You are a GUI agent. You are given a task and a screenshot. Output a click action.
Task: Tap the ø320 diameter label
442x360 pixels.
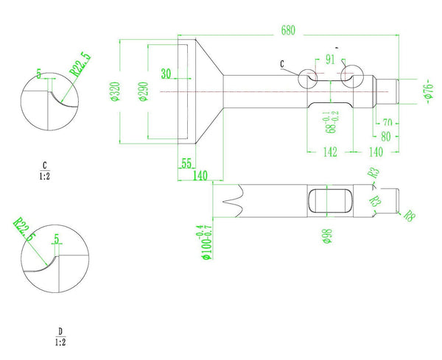point(115,91)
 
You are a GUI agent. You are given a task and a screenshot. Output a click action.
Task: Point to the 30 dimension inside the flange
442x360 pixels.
point(165,74)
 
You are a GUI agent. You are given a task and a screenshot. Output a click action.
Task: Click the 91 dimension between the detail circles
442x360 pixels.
point(329,60)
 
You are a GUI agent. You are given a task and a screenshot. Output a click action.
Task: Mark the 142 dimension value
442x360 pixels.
point(329,152)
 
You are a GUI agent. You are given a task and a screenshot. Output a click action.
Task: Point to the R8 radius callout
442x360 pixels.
point(410,216)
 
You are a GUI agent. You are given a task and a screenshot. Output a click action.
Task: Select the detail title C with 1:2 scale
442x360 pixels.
point(45,170)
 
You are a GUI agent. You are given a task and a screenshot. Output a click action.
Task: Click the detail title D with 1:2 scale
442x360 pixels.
point(60,336)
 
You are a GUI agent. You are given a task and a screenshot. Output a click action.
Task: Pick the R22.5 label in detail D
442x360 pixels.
point(24,229)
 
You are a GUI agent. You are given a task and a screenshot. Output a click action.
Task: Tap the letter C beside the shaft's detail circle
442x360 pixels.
point(283,65)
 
